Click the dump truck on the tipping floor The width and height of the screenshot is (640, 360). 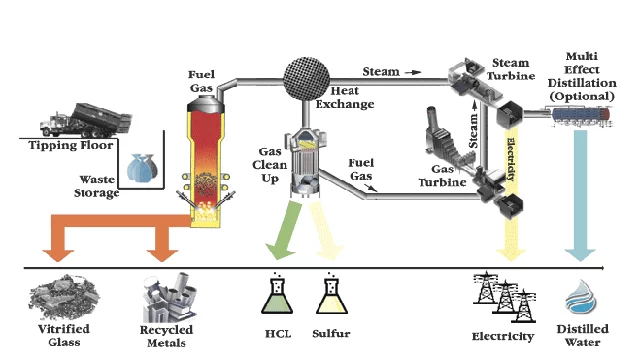pos(86,120)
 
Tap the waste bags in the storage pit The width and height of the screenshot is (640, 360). pos(142,167)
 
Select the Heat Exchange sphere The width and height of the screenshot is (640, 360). pos(307,78)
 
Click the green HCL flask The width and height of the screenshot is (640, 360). pos(277,293)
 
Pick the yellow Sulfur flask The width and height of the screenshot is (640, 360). pos(332,293)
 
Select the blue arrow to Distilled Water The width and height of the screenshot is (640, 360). pos(580,196)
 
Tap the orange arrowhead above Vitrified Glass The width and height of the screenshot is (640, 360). pos(58,255)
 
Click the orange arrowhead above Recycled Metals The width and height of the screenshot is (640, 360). pos(162,255)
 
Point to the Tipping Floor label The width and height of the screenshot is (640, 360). pos(71,145)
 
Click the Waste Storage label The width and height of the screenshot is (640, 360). pos(97,186)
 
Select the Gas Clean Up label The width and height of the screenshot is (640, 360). pos(269,165)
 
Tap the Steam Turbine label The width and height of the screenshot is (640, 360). pos(511,69)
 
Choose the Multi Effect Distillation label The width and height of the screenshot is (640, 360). pos(582,76)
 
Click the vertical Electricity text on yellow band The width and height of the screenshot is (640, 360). pos(511,160)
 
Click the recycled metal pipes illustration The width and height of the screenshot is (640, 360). pos(169,297)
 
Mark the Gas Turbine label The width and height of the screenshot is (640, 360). pos(442,176)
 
